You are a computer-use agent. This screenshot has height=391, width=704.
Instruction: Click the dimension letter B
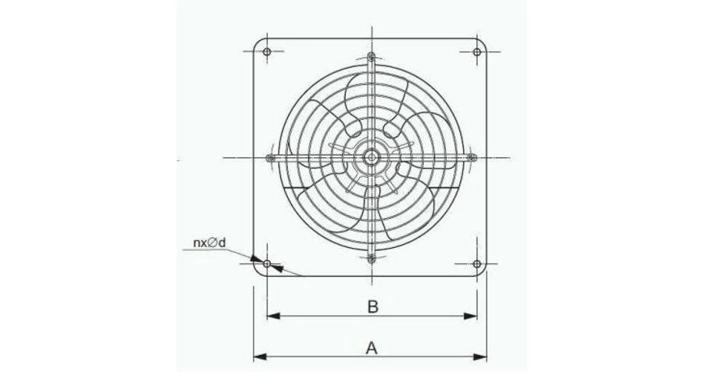tap(372, 307)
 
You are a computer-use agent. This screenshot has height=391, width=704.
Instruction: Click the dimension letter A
tap(372, 348)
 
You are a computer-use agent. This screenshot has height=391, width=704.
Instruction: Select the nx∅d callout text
tap(209, 243)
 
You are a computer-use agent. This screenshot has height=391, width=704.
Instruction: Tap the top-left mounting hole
tap(267, 52)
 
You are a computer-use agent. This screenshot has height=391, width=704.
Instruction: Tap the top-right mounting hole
tap(477, 52)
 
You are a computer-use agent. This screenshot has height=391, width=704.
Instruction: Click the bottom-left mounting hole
tap(267, 264)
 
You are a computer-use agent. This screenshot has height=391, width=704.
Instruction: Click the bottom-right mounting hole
tap(477, 264)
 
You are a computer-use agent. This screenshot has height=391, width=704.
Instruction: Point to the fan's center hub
tap(372, 157)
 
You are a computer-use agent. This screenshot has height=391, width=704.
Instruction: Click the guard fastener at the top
tap(372, 57)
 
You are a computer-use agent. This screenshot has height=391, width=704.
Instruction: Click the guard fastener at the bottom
tap(372, 258)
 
